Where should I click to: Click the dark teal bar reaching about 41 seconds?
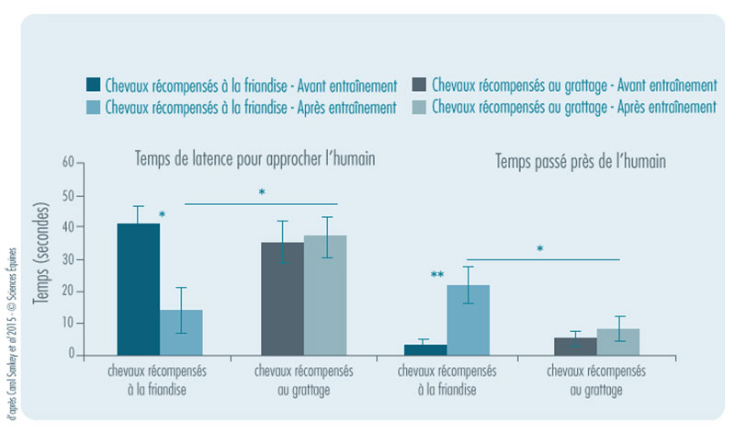138,289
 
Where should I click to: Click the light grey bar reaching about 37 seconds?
325,295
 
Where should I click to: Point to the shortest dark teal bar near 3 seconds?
425,349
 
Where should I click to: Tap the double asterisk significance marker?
438,275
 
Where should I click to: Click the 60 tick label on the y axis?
67,164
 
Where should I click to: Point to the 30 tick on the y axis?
67,259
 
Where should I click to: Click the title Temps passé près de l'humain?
581,162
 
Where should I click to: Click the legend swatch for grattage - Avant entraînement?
419,86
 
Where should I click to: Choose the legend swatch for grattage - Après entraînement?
419,108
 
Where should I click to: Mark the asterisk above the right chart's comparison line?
540,249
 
